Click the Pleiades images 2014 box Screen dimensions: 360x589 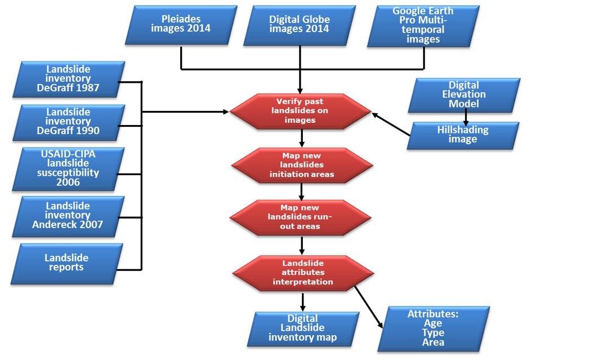(x=180, y=24)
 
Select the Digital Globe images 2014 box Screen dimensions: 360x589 (x=300, y=24)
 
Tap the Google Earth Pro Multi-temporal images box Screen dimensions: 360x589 (x=423, y=26)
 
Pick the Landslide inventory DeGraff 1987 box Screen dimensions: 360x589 (x=68, y=79)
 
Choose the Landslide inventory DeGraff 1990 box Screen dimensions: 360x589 (x=68, y=122)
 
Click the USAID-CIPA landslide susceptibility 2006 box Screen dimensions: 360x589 (x=68, y=167)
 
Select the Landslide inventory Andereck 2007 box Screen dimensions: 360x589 (x=68, y=216)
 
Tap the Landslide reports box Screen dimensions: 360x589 (x=66, y=263)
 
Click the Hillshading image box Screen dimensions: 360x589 (x=463, y=135)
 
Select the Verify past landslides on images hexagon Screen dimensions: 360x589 (x=301, y=111)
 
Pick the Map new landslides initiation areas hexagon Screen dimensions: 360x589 (x=302, y=165)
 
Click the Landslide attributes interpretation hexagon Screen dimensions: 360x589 (x=303, y=273)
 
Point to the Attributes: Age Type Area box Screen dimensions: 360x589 (x=433, y=328)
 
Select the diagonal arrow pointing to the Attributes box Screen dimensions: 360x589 (x=369, y=307)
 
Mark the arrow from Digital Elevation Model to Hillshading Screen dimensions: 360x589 (x=466, y=117)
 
